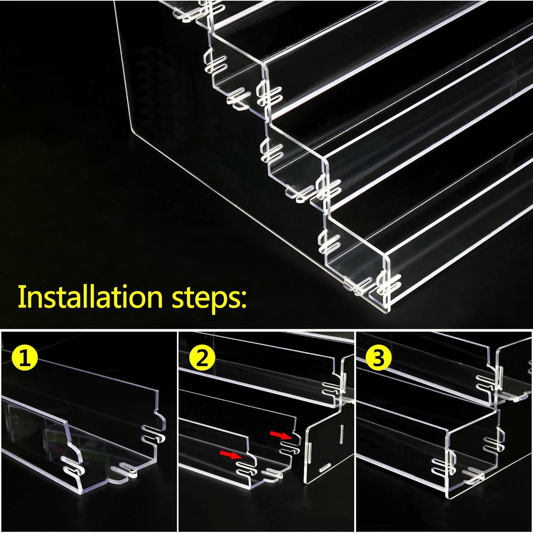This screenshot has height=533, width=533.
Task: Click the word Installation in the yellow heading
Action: (x=90, y=297)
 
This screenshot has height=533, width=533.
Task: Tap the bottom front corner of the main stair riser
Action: (x=387, y=313)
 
